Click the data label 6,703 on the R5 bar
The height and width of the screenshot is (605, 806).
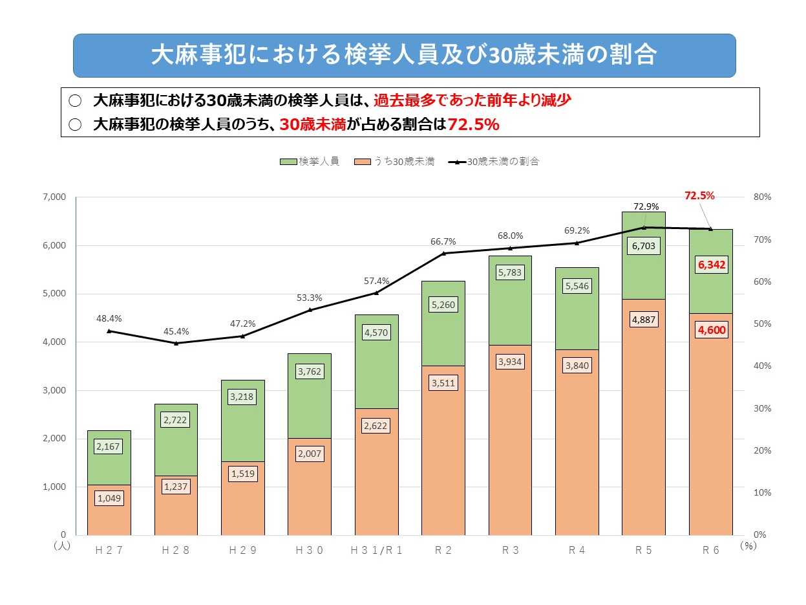(x=643, y=246)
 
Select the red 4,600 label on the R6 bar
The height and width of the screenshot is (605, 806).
(x=711, y=329)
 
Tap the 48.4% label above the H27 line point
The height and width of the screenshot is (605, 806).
(x=109, y=318)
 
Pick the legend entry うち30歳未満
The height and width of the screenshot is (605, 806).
(x=396, y=162)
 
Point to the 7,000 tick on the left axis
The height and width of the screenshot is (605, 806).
(x=56, y=197)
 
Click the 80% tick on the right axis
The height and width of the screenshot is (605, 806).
(x=762, y=197)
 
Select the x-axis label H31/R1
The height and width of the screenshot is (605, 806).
(x=376, y=550)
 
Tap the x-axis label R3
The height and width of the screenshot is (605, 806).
(x=510, y=550)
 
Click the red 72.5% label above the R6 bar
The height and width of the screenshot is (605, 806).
(x=699, y=195)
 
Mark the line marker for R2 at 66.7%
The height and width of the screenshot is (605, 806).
(x=443, y=253)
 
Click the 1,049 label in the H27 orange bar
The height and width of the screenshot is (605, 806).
(x=109, y=498)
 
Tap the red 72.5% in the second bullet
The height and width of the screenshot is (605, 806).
(x=473, y=124)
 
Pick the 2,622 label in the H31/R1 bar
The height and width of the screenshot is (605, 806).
(x=376, y=426)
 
